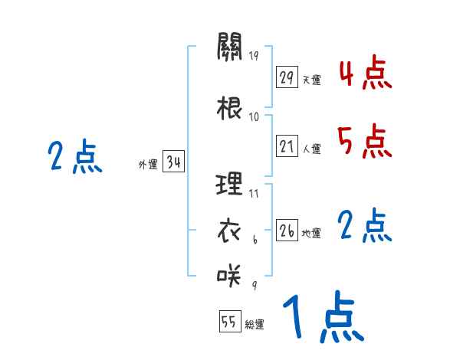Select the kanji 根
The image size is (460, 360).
click(x=229, y=107)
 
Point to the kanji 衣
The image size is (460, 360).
click(x=229, y=229)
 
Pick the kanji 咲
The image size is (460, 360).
click(x=229, y=272)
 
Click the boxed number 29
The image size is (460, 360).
click(x=287, y=77)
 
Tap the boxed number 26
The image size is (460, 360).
click(x=287, y=231)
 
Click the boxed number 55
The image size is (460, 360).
click(x=228, y=322)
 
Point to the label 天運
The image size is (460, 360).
click(x=311, y=80)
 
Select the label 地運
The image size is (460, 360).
click(x=311, y=233)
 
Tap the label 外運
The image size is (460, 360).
click(x=148, y=164)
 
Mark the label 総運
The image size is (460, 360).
click(x=255, y=325)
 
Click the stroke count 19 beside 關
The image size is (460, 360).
click(x=255, y=55)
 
